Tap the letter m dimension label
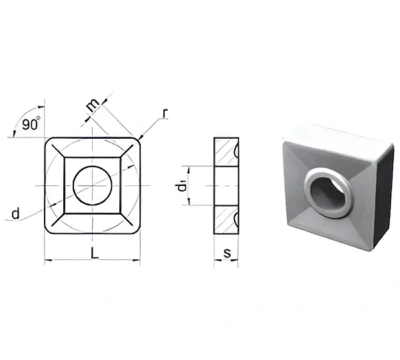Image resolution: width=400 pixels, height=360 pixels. click(x=93, y=105)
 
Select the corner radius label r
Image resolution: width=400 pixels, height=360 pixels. click(x=165, y=113)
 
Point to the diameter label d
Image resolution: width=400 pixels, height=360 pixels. click(x=15, y=213)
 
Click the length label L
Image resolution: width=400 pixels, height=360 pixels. click(x=95, y=253)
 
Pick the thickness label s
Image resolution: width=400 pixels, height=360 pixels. click(x=227, y=253)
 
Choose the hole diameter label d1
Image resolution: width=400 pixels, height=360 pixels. click(x=182, y=186)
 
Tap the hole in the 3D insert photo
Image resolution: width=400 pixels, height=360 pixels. click(x=328, y=192)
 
